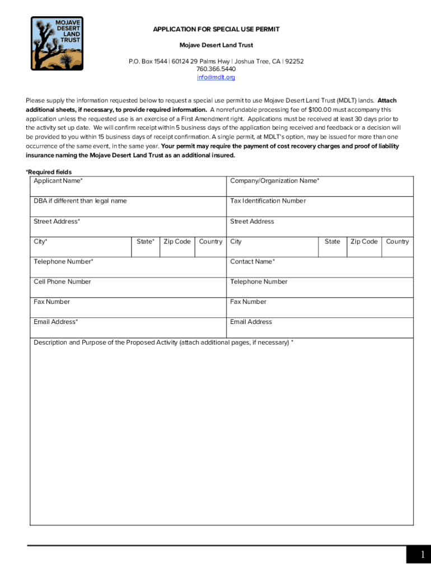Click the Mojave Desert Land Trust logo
57,43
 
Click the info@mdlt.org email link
215,77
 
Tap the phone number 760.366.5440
215,69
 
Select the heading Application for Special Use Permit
216,29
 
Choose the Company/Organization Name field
320,187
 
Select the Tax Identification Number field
320,207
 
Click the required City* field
81,247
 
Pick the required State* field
146,247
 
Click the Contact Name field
320,267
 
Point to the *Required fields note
49,172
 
